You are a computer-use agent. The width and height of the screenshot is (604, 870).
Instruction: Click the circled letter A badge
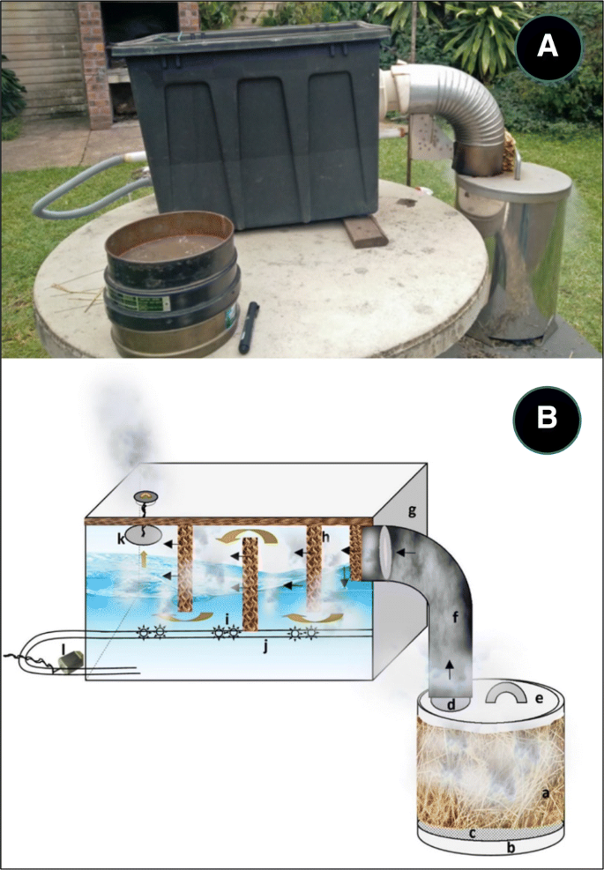(547, 46)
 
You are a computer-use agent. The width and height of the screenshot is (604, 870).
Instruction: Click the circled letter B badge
(547, 418)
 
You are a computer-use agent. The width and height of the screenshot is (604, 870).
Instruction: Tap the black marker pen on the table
(250, 327)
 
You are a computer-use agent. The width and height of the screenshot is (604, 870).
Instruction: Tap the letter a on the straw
(546, 793)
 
